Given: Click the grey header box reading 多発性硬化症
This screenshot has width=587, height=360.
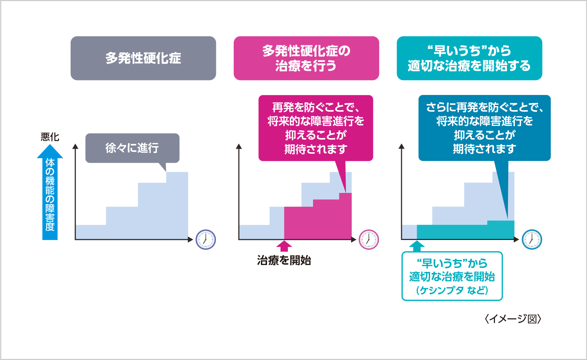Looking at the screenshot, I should [x=143, y=58].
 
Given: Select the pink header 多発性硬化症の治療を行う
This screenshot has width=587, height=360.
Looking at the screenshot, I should [x=306, y=58].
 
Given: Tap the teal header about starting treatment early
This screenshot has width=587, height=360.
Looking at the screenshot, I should [x=469, y=58].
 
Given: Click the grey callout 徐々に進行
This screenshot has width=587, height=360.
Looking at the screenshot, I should [x=132, y=148].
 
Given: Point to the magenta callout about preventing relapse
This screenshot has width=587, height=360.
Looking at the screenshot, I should [x=316, y=128].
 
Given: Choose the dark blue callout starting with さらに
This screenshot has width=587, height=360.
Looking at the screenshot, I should [x=484, y=128].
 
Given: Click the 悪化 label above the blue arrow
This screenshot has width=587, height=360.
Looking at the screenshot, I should [x=50, y=137].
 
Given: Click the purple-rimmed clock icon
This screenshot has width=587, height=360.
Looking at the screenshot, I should [x=206, y=240].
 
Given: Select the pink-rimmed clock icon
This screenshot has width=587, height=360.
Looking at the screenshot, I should [x=369, y=240].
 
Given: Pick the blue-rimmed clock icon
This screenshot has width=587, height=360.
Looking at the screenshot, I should [x=532, y=240].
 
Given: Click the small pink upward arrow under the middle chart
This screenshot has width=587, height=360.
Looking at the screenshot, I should [x=284, y=246].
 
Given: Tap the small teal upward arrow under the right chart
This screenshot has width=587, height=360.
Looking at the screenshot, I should [x=417, y=246].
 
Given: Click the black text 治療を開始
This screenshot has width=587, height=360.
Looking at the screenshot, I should [x=284, y=260].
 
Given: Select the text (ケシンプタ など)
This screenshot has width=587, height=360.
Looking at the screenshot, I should [x=452, y=290].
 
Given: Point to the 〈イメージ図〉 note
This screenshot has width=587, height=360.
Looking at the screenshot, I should [x=513, y=319].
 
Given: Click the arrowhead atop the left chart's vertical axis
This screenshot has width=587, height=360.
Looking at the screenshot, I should [x=75, y=146].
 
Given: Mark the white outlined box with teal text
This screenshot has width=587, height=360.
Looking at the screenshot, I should [x=452, y=276].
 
